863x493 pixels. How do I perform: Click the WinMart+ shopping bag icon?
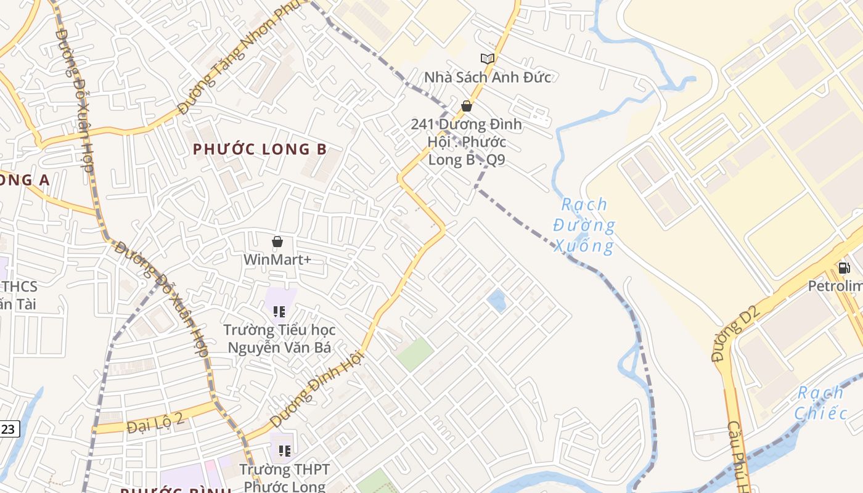tap(277, 242)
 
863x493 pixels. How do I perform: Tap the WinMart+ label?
tap(277, 259)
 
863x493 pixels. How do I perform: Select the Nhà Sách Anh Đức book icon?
tap(487, 59)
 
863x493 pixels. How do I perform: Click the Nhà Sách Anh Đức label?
tap(487, 77)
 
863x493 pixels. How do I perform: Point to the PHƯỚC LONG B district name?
tap(260, 149)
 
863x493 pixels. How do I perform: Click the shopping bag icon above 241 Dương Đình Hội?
tap(467, 106)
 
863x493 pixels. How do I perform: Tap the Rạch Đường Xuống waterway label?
tap(584, 226)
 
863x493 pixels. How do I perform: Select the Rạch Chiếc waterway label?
tap(820, 402)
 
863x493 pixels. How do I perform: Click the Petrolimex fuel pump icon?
tap(844, 267)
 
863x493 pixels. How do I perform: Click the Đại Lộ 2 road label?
tap(155, 425)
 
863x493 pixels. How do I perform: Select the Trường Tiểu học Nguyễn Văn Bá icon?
tap(279, 312)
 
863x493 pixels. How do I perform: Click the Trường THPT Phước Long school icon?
tap(284, 451)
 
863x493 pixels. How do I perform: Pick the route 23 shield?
tap(9, 429)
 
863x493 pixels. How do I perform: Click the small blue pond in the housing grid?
tap(496, 301)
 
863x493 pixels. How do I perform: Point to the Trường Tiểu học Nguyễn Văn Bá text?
tap(279, 339)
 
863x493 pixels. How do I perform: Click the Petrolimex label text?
tap(835, 287)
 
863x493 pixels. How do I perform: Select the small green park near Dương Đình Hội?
tap(415, 354)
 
